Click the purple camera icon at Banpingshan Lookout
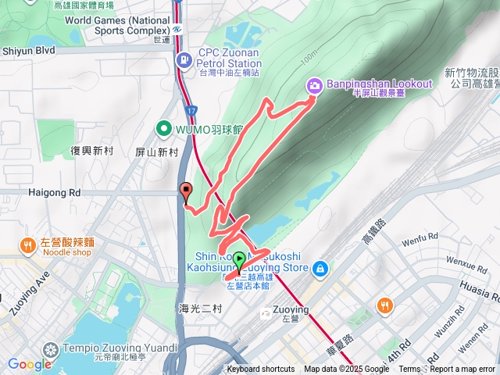pyautogui.click(x=313, y=85)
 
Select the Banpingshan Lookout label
pyautogui.click(x=380, y=84)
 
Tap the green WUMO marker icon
pyautogui.click(x=165, y=127)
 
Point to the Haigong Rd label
pyautogui.click(x=54, y=191)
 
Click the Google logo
pyautogui.click(x=29, y=364)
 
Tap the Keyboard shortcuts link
pyautogui.click(x=261, y=370)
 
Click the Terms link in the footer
pyautogui.click(x=409, y=370)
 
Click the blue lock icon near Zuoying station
pyautogui.click(x=319, y=270)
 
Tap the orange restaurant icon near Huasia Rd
pyautogui.click(x=384, y=305)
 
